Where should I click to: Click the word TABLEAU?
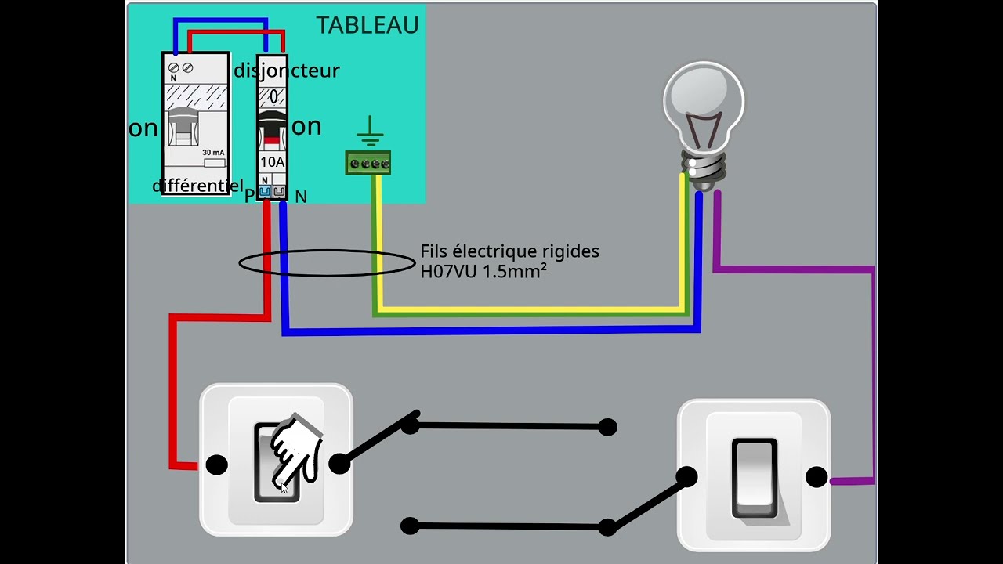(367, 25)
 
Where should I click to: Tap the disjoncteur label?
(287, 70)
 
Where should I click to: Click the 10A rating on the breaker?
(272, 161)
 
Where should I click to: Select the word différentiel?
(197, 186)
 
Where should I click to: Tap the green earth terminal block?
(368, 163)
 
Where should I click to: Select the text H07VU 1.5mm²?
(483, 270)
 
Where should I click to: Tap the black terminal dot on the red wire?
(217, 465)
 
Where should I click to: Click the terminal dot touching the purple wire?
(817, 477)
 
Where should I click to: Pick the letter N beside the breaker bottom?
(301, 197)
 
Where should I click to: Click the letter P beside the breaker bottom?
(249, 196)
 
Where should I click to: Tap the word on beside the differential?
(143, 128)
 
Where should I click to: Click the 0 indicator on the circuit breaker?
(273, 98)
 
